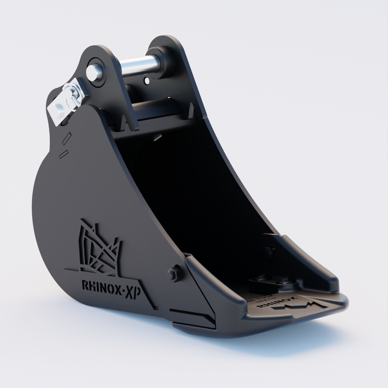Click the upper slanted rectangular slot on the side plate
click(x=66, y=137)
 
